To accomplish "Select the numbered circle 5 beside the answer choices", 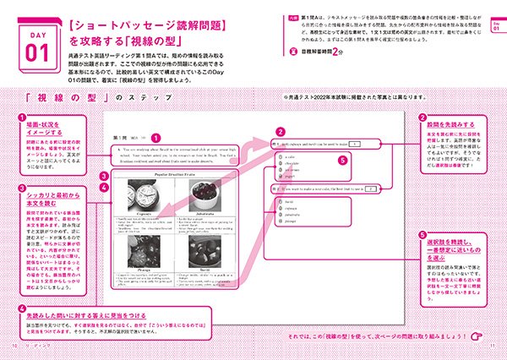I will [x=342, y=160].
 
